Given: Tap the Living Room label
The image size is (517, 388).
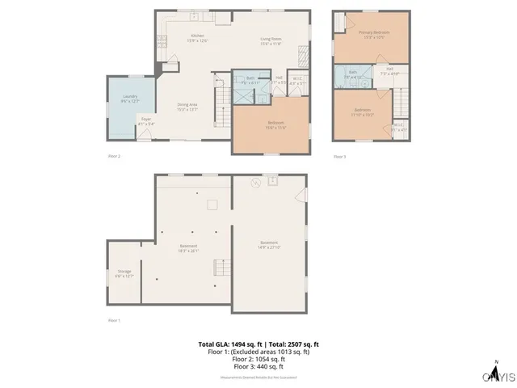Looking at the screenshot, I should [x=271, y=41].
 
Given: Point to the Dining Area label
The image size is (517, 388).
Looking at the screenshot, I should [x=188, y=107].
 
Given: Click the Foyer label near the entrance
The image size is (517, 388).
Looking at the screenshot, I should [x=146, y=122].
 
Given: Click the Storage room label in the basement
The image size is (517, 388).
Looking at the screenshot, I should [x=124, y=273].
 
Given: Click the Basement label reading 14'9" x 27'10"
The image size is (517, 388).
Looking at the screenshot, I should [x=270, y=244].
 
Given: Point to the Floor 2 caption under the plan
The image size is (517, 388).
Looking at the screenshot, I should [x=114, y=156].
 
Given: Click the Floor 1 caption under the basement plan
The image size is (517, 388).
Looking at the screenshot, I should [x=114, y=321].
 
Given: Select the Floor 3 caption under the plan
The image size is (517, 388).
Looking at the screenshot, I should [x=339, y=156].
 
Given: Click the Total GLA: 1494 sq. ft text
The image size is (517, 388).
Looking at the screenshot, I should [x=227, y=344].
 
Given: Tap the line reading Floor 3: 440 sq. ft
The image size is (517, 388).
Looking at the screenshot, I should [x=258, y=367].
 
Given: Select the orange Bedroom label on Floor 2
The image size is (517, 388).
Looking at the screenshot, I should [x=275, y=124].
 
